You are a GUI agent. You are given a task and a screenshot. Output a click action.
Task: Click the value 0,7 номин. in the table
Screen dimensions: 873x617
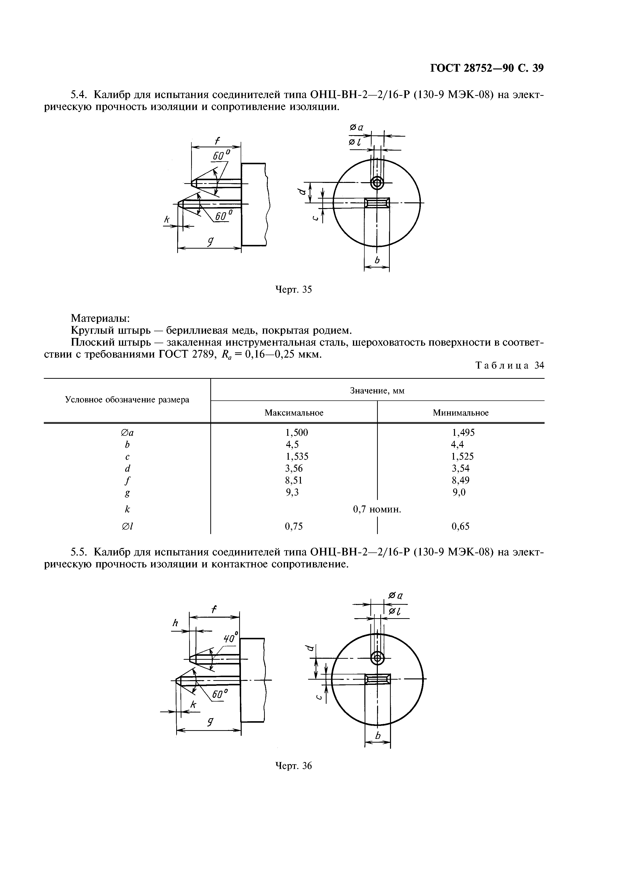(x=377, y=509)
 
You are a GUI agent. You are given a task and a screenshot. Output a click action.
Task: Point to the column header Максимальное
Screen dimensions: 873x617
(x=294, y=413)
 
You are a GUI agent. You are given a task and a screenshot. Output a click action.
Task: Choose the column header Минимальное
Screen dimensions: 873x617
(x=460, y=413)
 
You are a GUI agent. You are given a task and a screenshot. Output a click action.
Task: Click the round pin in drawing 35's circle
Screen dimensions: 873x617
(x=377, y=183)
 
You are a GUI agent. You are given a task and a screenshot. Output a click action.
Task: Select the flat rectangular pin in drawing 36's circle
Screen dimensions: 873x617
(x=377, y=679)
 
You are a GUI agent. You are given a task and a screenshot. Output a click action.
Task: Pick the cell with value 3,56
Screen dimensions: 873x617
(x=294, y=468)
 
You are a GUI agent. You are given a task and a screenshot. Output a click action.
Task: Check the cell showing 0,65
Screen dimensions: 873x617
(x=460, y=526)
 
